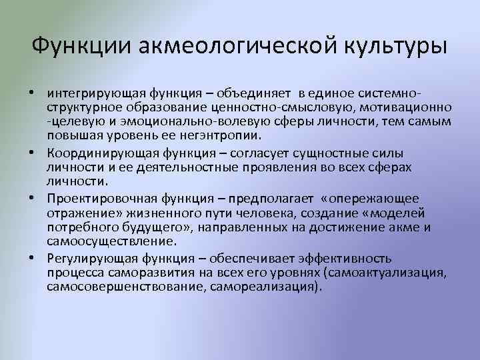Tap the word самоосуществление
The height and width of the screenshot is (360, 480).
click(x=111, y=241)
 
